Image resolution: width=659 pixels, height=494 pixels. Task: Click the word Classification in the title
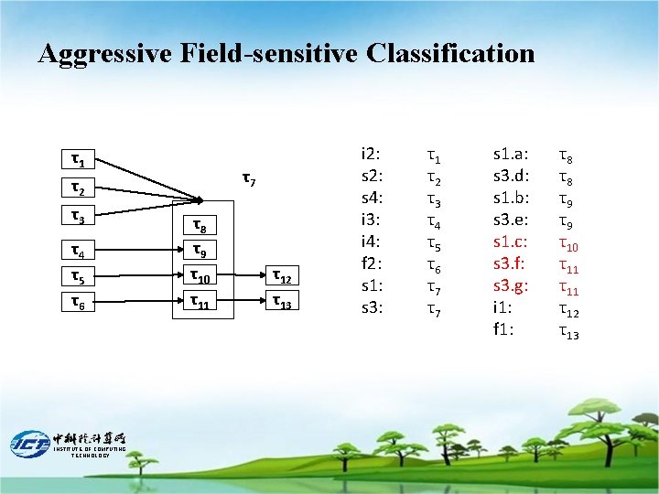449,54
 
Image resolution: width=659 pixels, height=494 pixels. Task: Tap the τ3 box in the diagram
80,218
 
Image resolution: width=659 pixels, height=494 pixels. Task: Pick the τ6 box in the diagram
80,302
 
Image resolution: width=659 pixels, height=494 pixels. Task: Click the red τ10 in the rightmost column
568,243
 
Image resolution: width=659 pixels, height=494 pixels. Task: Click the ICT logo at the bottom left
30,444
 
